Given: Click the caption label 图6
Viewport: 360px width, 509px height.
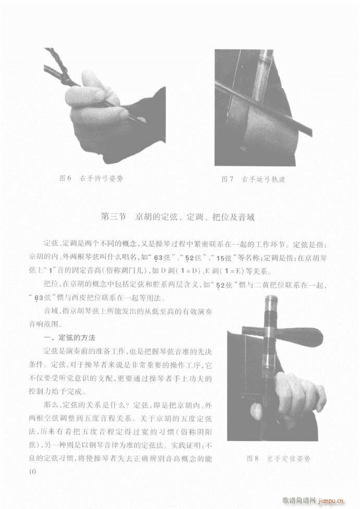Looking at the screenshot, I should [65, 178].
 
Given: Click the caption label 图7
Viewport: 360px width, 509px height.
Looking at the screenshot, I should [227, 179].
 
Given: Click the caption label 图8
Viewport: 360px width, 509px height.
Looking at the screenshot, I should [253, 459].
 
